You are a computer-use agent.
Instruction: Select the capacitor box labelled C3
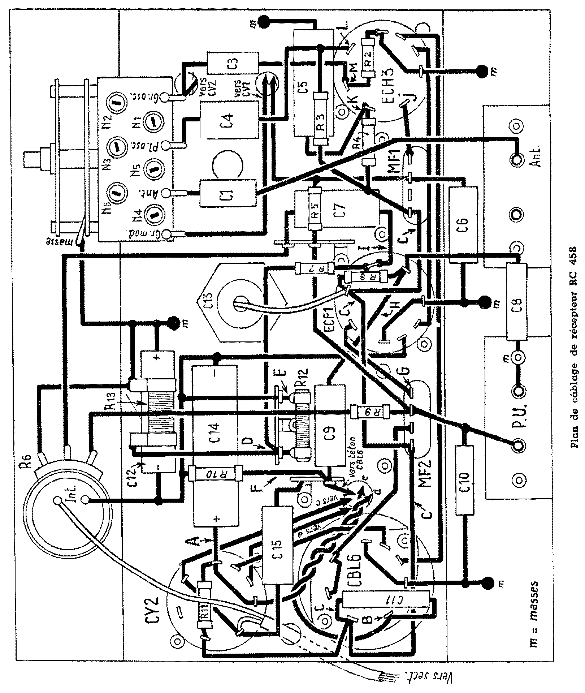233,63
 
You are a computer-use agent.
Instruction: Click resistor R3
321,119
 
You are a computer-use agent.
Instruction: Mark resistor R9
370,411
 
